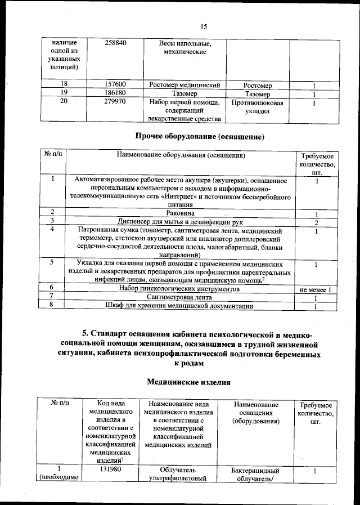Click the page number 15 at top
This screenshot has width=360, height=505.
click(204, 26)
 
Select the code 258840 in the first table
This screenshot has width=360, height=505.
click(119, 43)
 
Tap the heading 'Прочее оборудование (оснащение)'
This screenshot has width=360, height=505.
click(200, 136)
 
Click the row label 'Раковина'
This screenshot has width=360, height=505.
click(181, 213)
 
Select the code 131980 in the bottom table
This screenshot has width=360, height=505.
click(111, 470)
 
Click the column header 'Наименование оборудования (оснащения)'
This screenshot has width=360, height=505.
click(181, 154)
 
